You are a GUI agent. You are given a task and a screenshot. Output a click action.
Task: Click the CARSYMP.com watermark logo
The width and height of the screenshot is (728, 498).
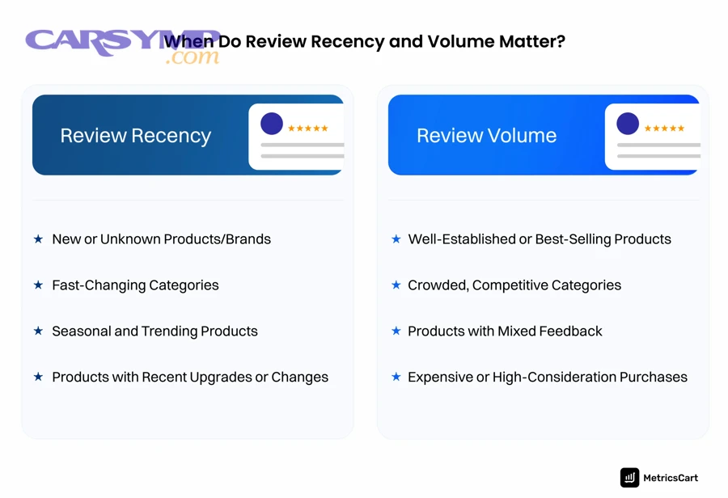[x=121, y=45]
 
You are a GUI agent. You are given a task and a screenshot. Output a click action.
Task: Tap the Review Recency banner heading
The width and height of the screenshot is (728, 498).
[x=135, y=136]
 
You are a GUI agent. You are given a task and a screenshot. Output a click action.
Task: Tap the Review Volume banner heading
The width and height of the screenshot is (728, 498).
[x=486, y=136]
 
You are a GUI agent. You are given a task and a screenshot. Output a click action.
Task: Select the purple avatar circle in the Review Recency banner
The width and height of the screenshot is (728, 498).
[x=272, y=124]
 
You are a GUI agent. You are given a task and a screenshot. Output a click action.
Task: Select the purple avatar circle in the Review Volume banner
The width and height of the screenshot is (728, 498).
[x=628, y=124]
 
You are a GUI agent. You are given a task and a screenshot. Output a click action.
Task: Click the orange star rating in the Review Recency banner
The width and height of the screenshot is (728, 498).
[x=308, y=129]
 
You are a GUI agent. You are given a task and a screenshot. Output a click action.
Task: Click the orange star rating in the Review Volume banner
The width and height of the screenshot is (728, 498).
[x=664, y=129]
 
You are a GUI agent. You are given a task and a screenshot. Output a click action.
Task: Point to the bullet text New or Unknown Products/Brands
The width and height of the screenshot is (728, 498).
[x=161, y=239]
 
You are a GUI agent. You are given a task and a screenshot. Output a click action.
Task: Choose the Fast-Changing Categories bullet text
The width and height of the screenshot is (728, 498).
[x=135, y=285]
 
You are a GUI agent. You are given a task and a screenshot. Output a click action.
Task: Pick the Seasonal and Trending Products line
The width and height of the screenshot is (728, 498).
[x=154, y=331]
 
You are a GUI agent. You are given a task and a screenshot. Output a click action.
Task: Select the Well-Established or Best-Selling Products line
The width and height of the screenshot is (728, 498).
[x=540, y=239]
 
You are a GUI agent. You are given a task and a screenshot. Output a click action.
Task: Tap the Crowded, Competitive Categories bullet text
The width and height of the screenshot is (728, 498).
[x=514, y=285]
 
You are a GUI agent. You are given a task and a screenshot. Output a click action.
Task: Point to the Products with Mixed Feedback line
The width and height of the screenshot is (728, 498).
[x=505, y=331]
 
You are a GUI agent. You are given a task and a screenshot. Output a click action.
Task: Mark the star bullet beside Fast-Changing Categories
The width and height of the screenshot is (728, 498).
[x=38, y=285]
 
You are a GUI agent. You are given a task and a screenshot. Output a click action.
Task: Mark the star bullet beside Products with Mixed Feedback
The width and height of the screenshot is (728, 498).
[x=396, y=331]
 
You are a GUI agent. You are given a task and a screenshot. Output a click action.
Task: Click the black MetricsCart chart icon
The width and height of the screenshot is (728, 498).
[x=629, y=478]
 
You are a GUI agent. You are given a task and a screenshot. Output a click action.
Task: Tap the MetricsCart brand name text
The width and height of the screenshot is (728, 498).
[x=670, y=479]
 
